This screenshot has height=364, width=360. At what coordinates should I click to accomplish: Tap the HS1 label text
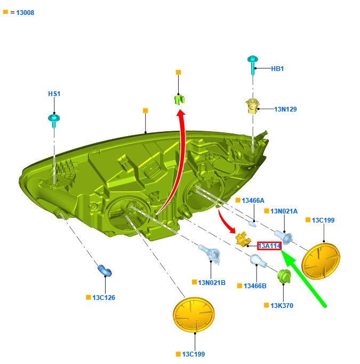[x=54, y=94]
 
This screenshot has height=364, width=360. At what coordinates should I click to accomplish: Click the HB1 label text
[x=277, y=69]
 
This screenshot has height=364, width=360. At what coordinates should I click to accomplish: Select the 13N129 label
[x=285, y=109]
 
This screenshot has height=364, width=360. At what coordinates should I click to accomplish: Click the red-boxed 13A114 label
[x=269, y=246]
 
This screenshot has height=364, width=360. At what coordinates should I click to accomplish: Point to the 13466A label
[x=253, y=201]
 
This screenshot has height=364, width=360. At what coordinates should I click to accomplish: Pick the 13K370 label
[x=282, y=306]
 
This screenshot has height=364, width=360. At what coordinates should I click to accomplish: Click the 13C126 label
[x=103, y=297]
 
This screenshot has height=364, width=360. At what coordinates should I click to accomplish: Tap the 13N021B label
[x=211, y=282]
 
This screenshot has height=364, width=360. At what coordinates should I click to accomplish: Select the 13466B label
[x=254, y=286]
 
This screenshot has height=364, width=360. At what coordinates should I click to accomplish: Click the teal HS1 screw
[x=54, y=119]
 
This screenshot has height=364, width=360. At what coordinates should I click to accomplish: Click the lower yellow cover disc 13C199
[x=194, y=315]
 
